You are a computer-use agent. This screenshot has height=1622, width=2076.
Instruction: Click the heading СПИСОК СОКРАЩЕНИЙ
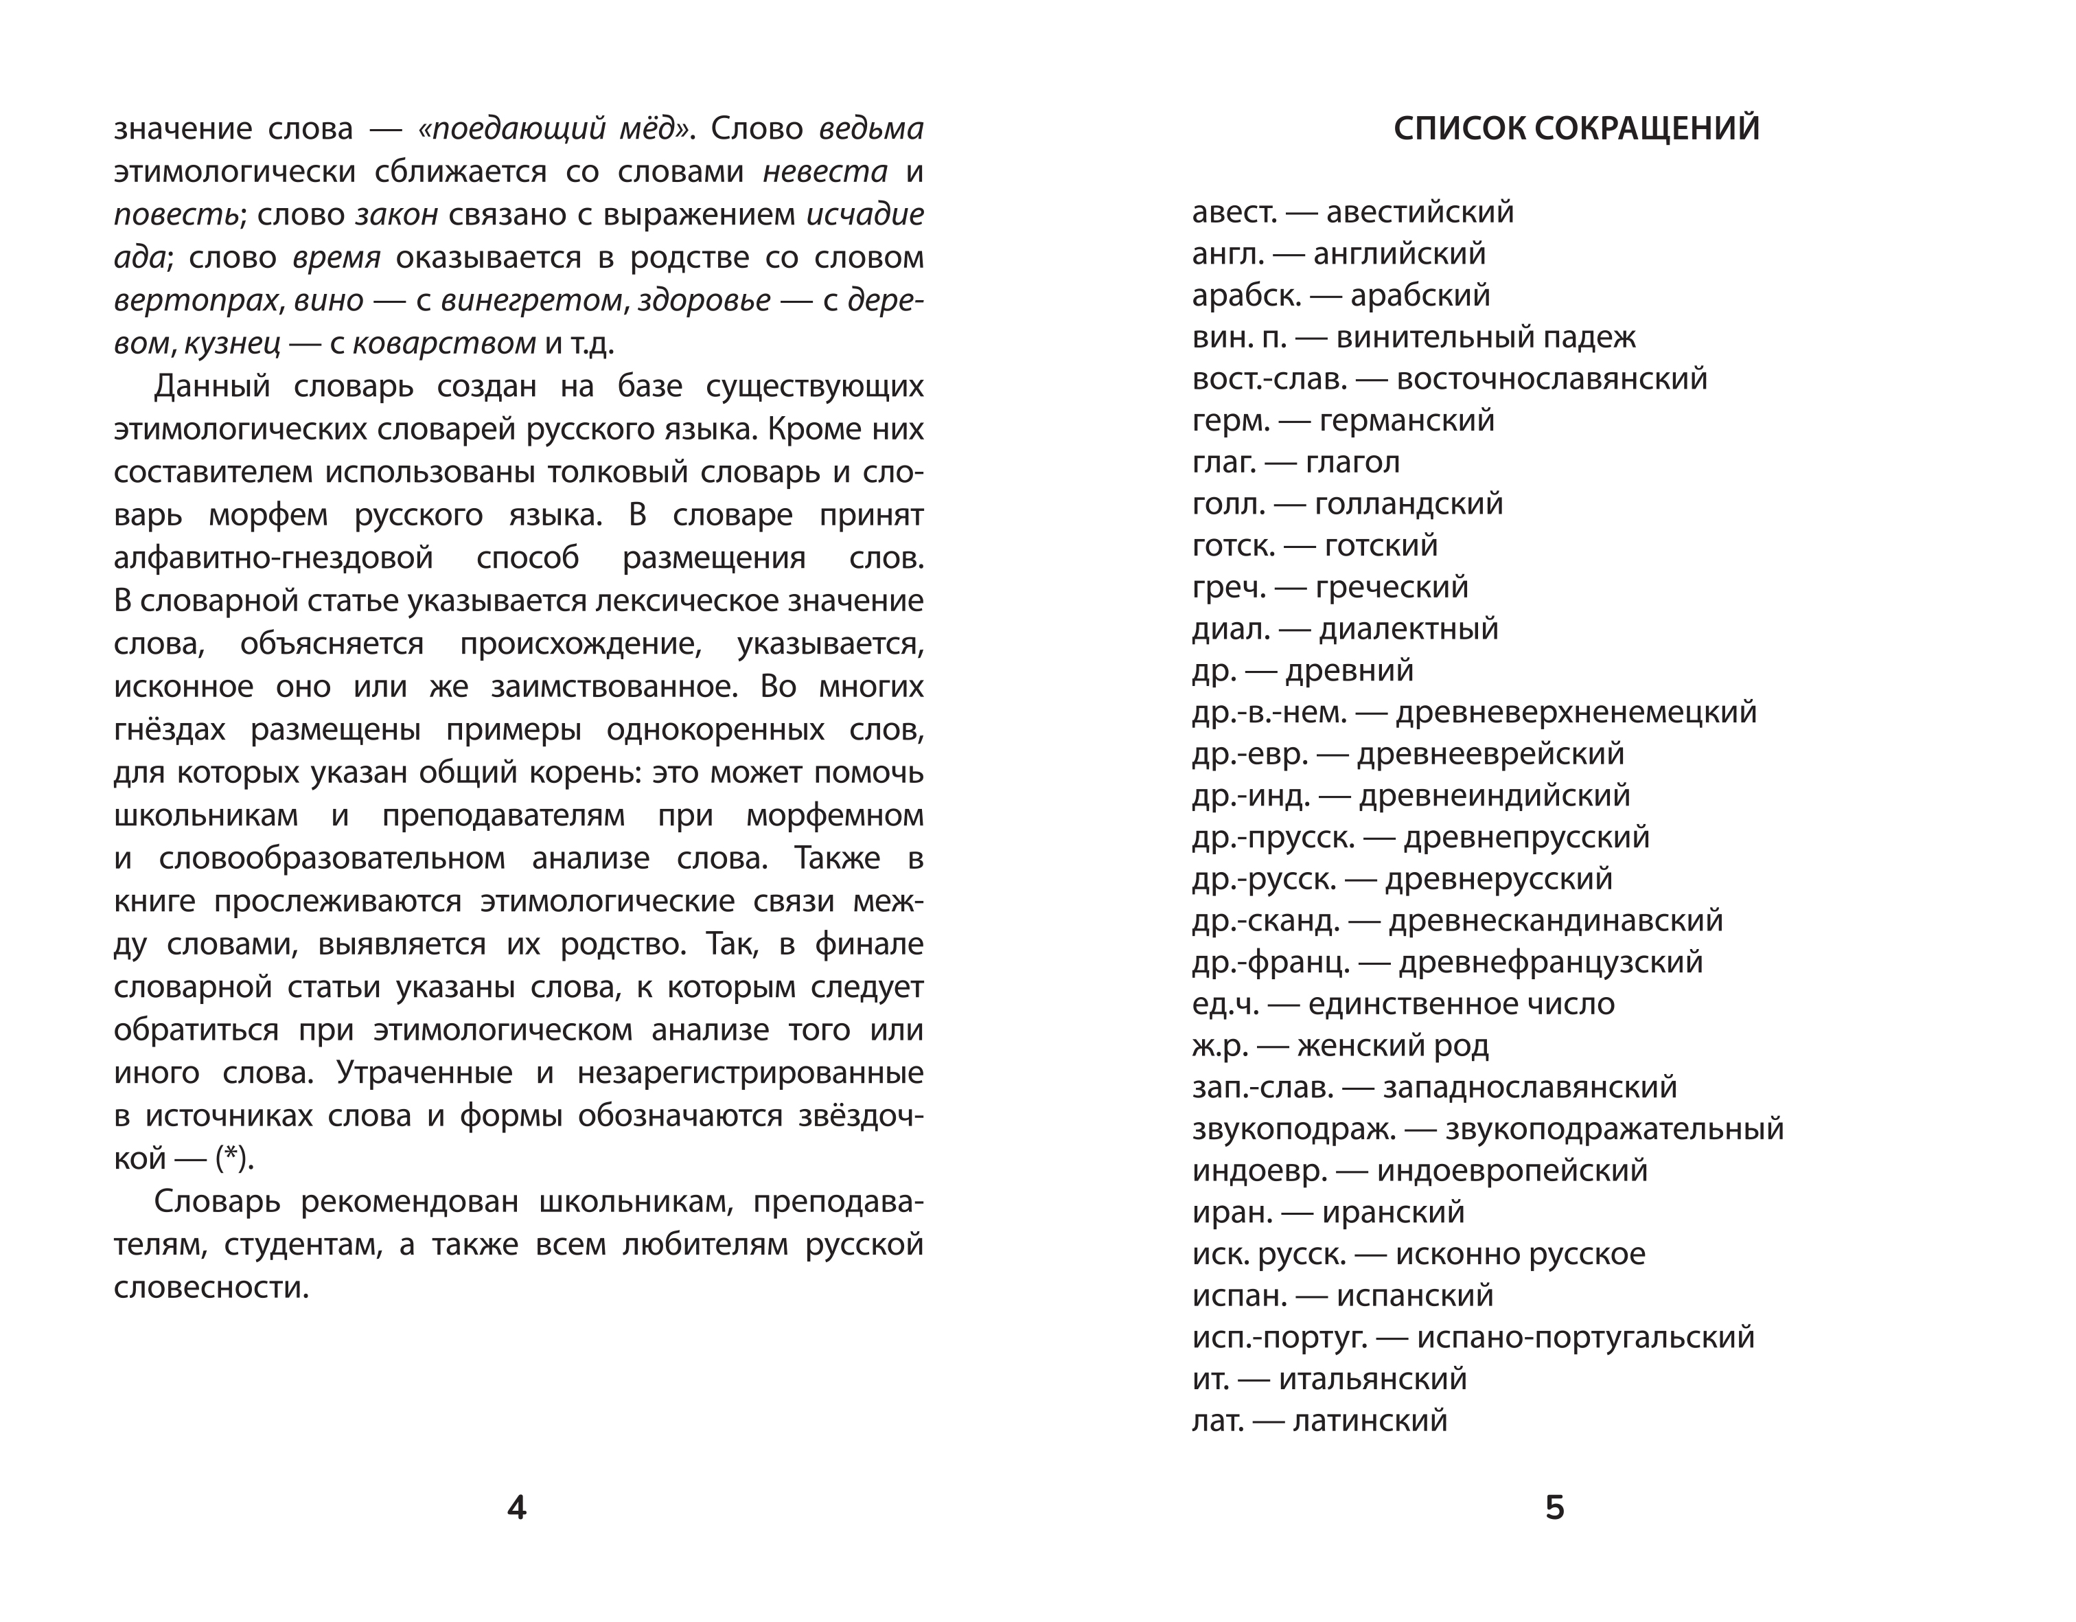1576,128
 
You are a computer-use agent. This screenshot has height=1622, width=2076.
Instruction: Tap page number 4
516,1508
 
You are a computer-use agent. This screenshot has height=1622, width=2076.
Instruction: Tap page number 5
1554,1508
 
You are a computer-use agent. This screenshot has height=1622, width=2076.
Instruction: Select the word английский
1399,254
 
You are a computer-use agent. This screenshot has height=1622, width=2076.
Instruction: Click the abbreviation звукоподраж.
1293,1130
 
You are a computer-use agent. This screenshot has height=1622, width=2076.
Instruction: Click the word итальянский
1372,1380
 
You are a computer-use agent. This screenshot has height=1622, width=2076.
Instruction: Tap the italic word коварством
444,343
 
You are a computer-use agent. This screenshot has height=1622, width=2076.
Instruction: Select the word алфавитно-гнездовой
274,558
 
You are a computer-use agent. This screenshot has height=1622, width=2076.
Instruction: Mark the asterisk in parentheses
231,1158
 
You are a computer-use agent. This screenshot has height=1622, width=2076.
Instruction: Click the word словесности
211,1288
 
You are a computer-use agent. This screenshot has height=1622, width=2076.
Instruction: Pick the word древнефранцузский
1552,962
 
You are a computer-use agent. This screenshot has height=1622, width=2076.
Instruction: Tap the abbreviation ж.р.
1219,1046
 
